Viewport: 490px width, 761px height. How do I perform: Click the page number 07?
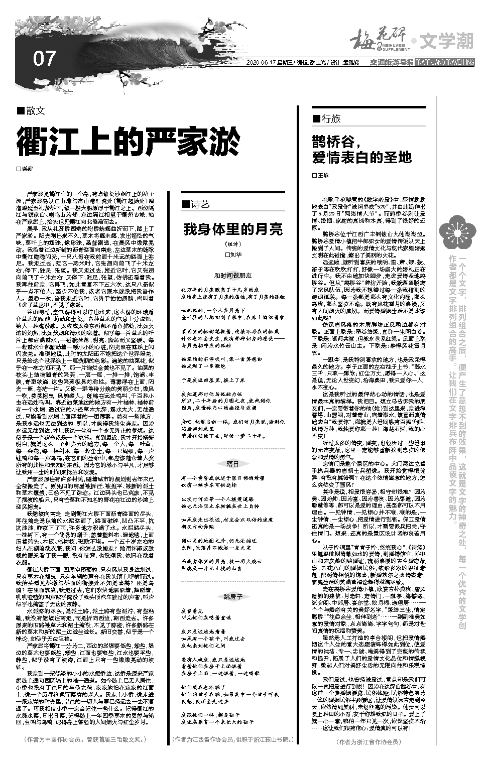pyautogui.click(x=44, y=59)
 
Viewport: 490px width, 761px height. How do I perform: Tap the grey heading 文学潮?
pyautogui.click(x=446, y=42)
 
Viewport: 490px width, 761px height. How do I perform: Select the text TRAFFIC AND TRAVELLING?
pyautogui.click(x=444, y=63)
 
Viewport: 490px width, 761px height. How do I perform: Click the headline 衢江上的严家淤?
pyautogui.click(x=128, y=142)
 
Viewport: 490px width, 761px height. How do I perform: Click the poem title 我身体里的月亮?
pyautogui.click(x=232, y=229)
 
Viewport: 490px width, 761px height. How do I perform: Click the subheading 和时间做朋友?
pyautogui.click(x=233, y=276)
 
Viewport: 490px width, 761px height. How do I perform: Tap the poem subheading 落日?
pyautogui.click(x=232, y=463)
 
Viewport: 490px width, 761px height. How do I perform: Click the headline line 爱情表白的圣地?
pyautogui.click(x=361, y=157)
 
